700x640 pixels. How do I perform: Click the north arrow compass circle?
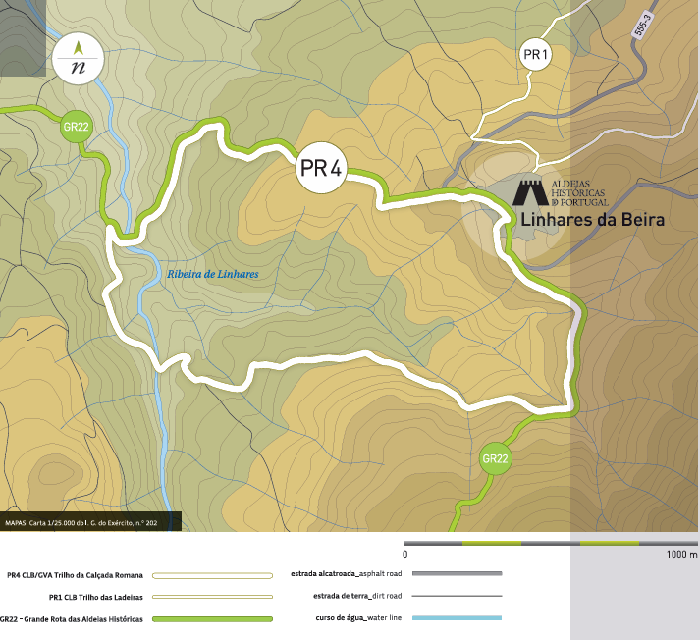pyautogui.click(x=79, y=60)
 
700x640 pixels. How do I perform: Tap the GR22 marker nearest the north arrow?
pyautogui.click(x=77, y=127)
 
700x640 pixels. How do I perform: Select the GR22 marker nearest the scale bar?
pyautogui.click(x=495, y=458)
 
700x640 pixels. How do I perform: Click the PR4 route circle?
pyautogui.click(x=321, y=169)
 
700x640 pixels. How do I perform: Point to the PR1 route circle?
pyautogui.click(x=535, y=56)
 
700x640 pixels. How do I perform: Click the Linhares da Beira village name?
pyautogui.click(x=592, y=220)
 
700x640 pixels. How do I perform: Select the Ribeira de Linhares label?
pyautogui.click(x=212, y=276)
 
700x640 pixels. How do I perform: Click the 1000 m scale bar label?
pyautogui.click(x=680, y=555)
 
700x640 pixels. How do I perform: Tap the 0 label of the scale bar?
pyautogui.click(x=405, y=555)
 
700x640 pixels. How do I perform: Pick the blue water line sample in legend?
pyautogui.click(x=457, y=618)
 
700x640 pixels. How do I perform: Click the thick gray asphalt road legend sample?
pyautogui.click(x=457, y=573)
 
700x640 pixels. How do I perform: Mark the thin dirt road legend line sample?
pyautogui.click(x=457, y=596)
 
